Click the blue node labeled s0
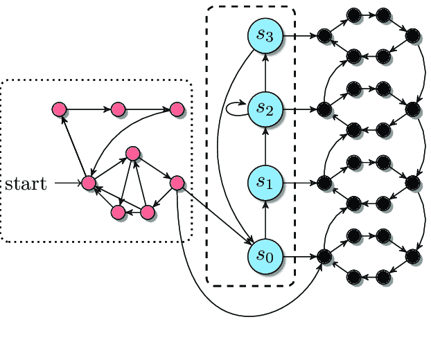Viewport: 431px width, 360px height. (x=265, y=256)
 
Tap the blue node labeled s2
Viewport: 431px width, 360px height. (x=265, y=109)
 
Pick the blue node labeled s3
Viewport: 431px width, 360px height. (x=265, y=35)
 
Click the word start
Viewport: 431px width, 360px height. (x=26, y=183)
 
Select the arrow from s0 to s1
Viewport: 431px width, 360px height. (x=265, y=219)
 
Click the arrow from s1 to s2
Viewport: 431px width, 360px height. (x=265, y=146)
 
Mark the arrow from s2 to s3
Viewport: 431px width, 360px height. (x=265, y=72)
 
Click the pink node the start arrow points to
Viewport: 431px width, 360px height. (x=88, y=183)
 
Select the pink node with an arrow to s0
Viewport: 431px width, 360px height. (x=177, y=183)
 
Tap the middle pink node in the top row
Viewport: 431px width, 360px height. (x=118, y=109)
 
